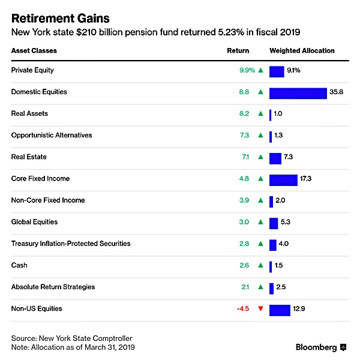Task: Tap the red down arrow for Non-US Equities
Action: [x=260, y=309]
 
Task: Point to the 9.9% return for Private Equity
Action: [x=247, y=70]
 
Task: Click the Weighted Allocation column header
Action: [x=302, y=51]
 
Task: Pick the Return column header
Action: [x=238, y=51]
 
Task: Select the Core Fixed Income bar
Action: [x=283, y=179]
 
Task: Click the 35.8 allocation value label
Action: [x=336, y=92]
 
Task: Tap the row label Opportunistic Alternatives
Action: [x=52, y=135]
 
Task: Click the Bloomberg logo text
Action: [x=316, y=347]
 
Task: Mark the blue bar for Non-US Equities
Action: [x=280, y=309]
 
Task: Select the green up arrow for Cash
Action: [x=260, y=265]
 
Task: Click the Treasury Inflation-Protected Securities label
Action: [x=71, y=244]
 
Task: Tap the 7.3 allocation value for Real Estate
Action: [x=289, y=157]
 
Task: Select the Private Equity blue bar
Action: [x=277, y=71]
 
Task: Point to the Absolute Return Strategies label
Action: [x=53, y=287]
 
